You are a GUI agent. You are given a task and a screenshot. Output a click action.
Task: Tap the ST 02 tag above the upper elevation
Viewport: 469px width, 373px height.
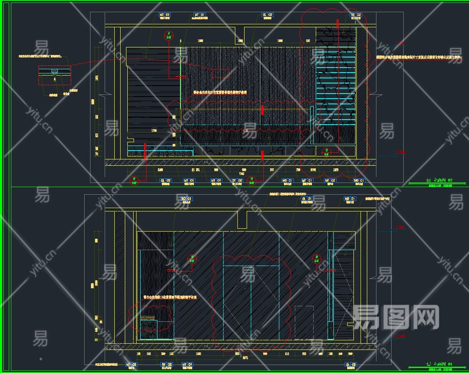pyautogui.click(x=356, y=15)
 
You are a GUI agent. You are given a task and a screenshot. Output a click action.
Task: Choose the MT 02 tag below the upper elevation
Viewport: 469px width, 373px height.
pyautogui.click(x=330, y=180)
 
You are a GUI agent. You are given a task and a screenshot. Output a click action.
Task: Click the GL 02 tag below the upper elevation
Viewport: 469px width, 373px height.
pyautogui.click(x=166, y=180)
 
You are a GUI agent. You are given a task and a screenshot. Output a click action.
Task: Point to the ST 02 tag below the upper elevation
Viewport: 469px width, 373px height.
pyautogui.click(x=237, y=180)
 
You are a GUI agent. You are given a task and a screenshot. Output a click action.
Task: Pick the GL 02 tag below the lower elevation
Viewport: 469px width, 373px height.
pyautogui.click(x=351, y=364)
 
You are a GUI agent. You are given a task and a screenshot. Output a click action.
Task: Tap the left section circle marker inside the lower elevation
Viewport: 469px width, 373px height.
pyautogui.click(x=192, y=258)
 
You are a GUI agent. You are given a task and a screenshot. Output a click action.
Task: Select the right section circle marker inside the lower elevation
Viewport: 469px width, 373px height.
pyautogui.click(x=317, y=259)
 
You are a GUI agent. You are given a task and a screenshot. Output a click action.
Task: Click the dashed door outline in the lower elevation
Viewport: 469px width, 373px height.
pyautogui.click(x=304, y=322)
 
